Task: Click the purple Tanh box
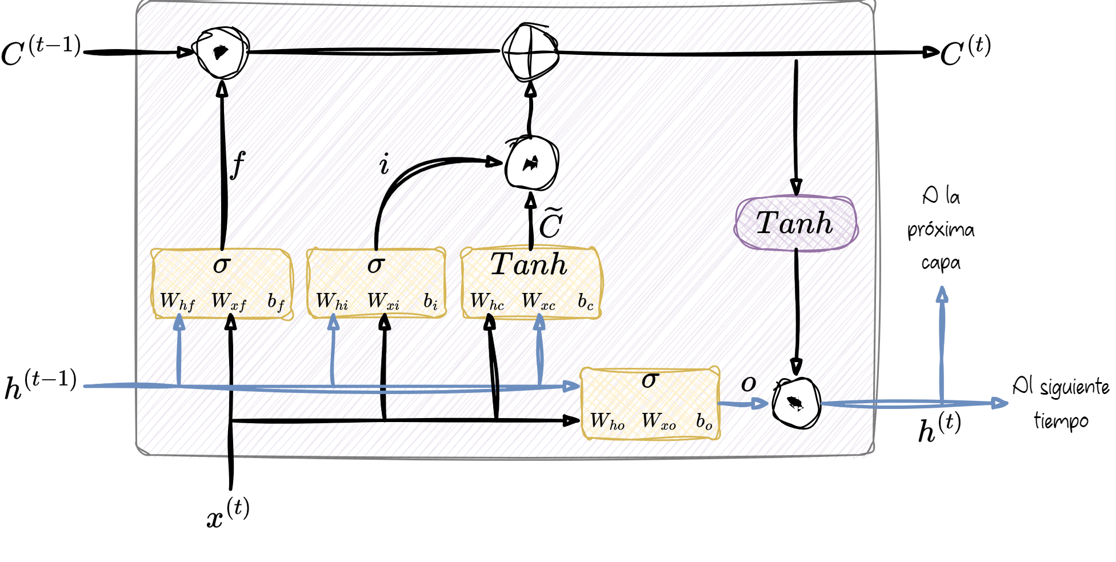tap(796, 223)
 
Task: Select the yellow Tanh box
tap(531, 282)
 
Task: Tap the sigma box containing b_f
tap(222, 284)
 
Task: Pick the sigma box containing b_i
tap(376, 283)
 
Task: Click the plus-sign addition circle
tap(531, 51)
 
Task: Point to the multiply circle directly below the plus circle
tap(531, 164)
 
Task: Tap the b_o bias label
tap(704, 422)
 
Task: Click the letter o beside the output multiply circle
tap(748, 384)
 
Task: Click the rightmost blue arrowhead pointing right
tap(999, 403)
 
